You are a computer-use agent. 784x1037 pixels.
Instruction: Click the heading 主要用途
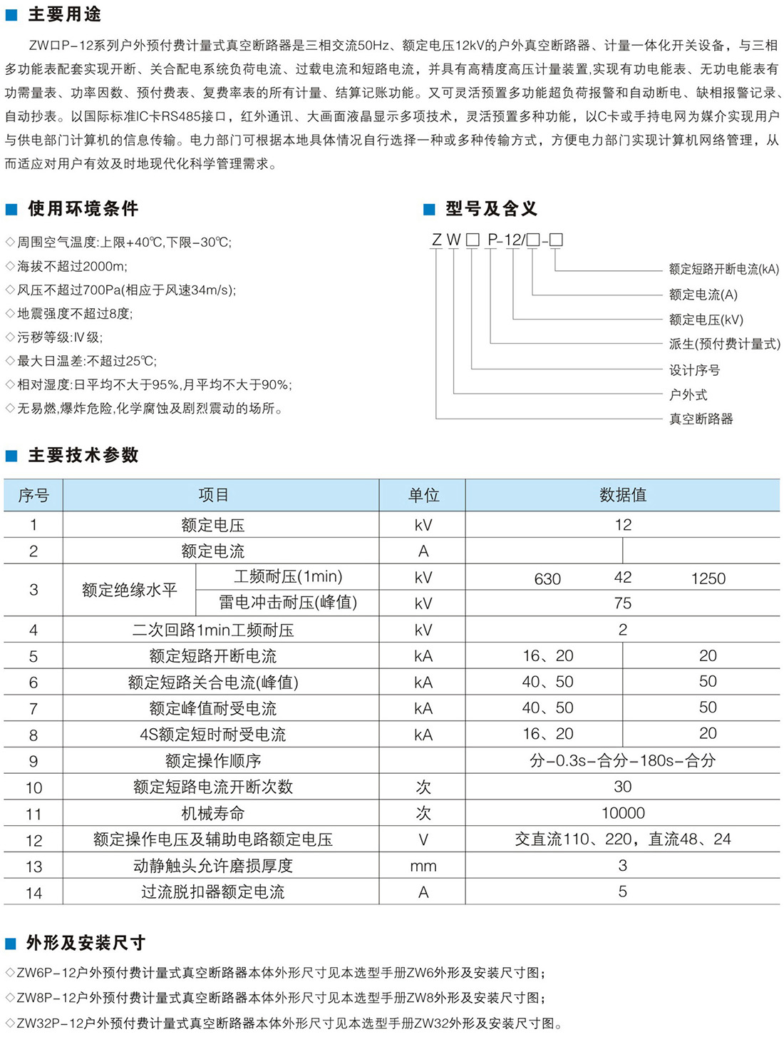[x=64, y=14]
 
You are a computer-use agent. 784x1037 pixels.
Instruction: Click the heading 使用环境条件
[x=83, y=209]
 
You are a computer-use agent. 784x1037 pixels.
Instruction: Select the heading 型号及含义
[x=491, y=209]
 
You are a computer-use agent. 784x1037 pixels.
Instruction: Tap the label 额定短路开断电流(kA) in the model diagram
[x=723, y=270]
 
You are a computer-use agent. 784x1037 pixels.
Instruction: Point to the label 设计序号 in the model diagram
[x=694, y=370]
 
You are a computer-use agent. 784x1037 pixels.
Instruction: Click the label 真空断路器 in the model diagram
[x=701, y=419]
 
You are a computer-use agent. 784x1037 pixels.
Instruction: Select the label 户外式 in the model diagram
[x=688, y=394]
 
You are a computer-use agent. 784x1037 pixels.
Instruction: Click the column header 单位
[x=423, y=495]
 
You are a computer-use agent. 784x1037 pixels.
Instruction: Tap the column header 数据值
[x=622, y=495]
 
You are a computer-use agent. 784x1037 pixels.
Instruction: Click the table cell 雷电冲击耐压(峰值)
[x=288, y=603]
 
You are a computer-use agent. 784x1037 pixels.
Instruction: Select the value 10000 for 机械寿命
[x=622, y=813]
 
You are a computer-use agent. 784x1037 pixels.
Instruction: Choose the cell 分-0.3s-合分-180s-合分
[x=622, y=760]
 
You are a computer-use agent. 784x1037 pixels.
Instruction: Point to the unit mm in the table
[x=423, y=867]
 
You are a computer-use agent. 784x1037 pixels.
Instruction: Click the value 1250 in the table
[x=708, y=579]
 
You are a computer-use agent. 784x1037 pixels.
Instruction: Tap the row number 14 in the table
[x=33, y=893]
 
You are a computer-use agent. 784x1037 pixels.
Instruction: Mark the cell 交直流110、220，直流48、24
[x=622, y=839]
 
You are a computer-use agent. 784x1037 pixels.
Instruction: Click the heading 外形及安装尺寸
[x=86, y=943]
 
